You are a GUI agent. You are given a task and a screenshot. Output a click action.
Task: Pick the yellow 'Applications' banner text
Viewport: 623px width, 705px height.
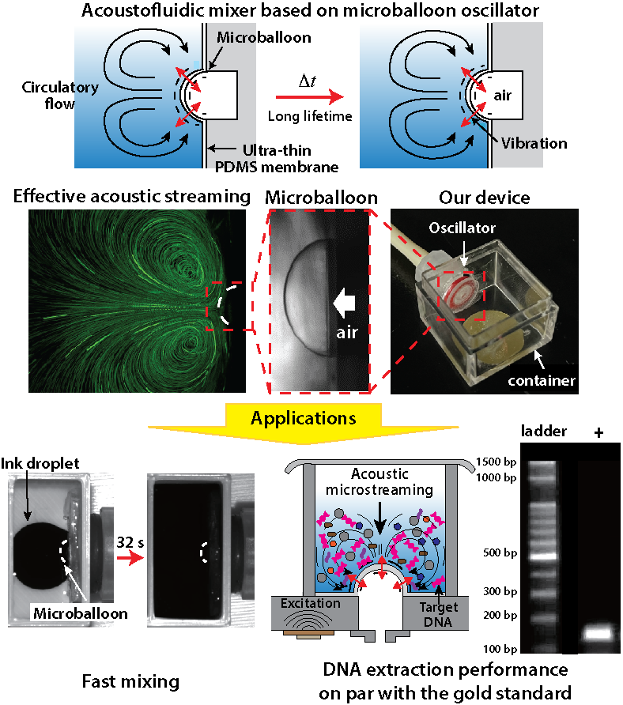pos(304,417)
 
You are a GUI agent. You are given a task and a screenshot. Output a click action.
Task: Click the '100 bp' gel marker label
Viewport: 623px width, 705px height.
pos(502,648)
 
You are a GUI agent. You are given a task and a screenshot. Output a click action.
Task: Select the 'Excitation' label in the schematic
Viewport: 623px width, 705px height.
pos(315,603)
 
